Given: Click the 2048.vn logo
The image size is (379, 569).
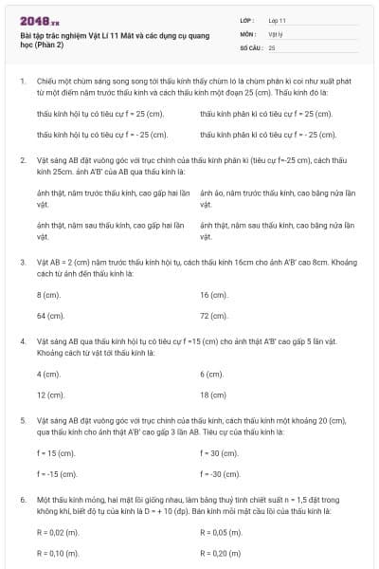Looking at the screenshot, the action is point(39,19).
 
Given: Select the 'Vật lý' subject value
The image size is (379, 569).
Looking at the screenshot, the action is point(275,32).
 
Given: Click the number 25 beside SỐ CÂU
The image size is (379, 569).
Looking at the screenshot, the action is point(272,46).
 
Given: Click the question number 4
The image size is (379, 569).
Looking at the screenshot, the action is point(22,340).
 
